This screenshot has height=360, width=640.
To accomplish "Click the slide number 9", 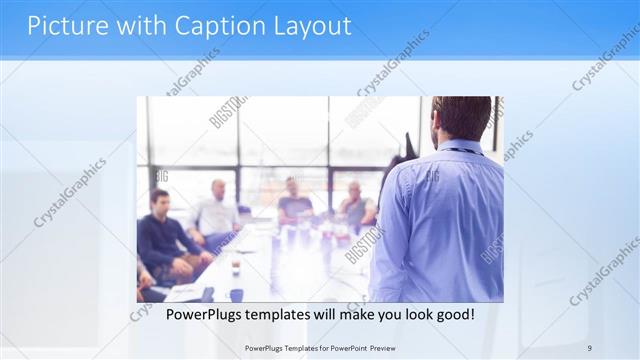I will (x=590, y=347).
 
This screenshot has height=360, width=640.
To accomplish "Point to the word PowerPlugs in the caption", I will (x=201, y=315).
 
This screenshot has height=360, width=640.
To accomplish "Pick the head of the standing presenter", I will (x=461, y=117).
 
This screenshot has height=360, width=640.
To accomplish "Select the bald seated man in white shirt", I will (x=215, y=212).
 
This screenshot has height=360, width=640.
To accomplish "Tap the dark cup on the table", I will (x=235, y=267).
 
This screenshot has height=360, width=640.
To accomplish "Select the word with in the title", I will (x=136, y=26).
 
